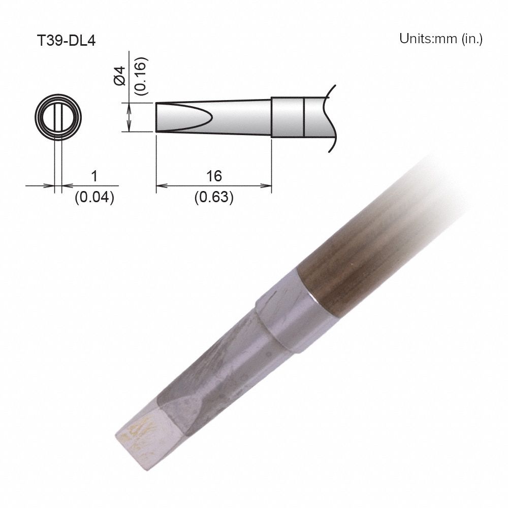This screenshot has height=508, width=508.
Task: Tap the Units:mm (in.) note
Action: tap(440, 39)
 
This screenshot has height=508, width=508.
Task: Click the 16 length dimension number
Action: tap(214, 176)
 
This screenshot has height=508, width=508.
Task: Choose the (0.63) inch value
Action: tap(214, 198)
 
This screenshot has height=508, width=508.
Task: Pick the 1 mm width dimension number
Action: tap(94, 176)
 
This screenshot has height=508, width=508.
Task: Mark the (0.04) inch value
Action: tap(94, 198)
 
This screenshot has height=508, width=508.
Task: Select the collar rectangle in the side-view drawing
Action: tap(287, 117)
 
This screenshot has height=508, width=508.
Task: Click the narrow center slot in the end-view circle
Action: tap(58, 118)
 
